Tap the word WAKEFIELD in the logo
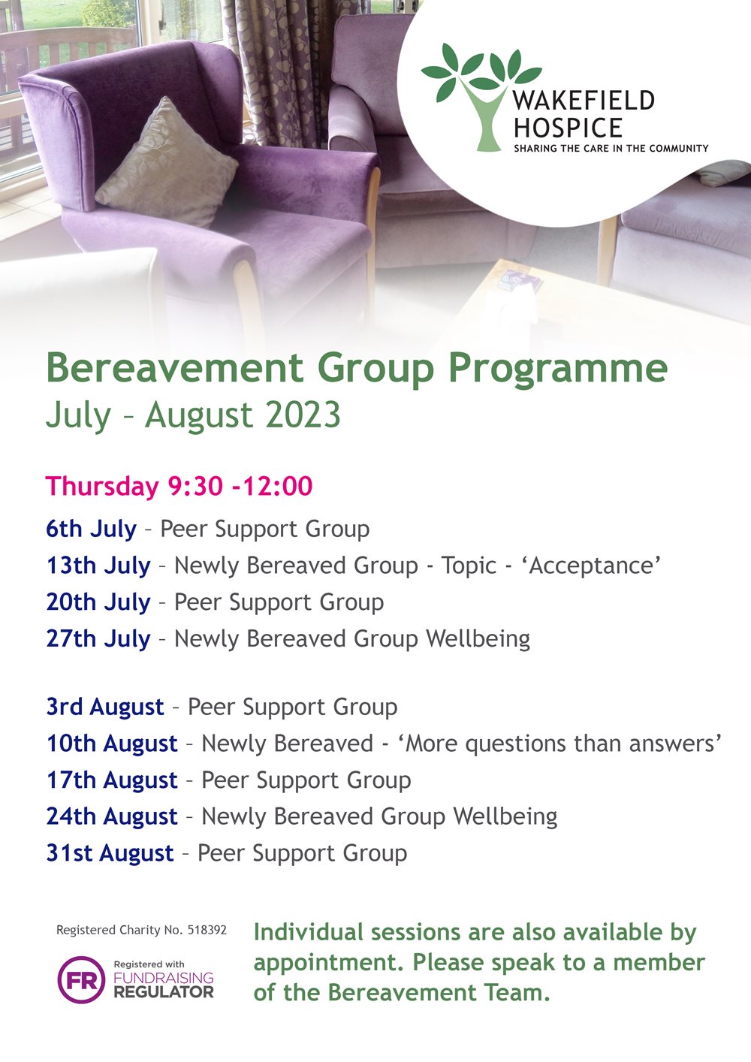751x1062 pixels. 584,101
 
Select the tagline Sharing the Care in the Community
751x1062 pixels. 611,149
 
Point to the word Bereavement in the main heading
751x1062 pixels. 174,368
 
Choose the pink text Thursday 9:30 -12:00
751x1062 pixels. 179,486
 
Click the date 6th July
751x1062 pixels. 91,529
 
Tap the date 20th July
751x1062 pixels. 98,602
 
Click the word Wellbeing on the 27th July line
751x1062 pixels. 478,638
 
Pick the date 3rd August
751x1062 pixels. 105,707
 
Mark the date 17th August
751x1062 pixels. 112,780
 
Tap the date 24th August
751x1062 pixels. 112,816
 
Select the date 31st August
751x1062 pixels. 110,853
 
